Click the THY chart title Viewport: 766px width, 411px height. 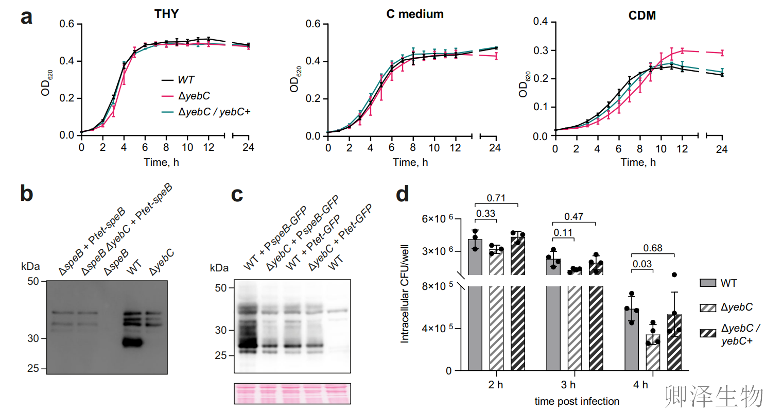(x=166, y=14)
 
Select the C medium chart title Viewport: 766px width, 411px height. (x=414, y=14)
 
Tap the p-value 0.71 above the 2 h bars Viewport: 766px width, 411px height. (x=496, y=198)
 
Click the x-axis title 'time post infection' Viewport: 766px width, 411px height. (x=576, y=400)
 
